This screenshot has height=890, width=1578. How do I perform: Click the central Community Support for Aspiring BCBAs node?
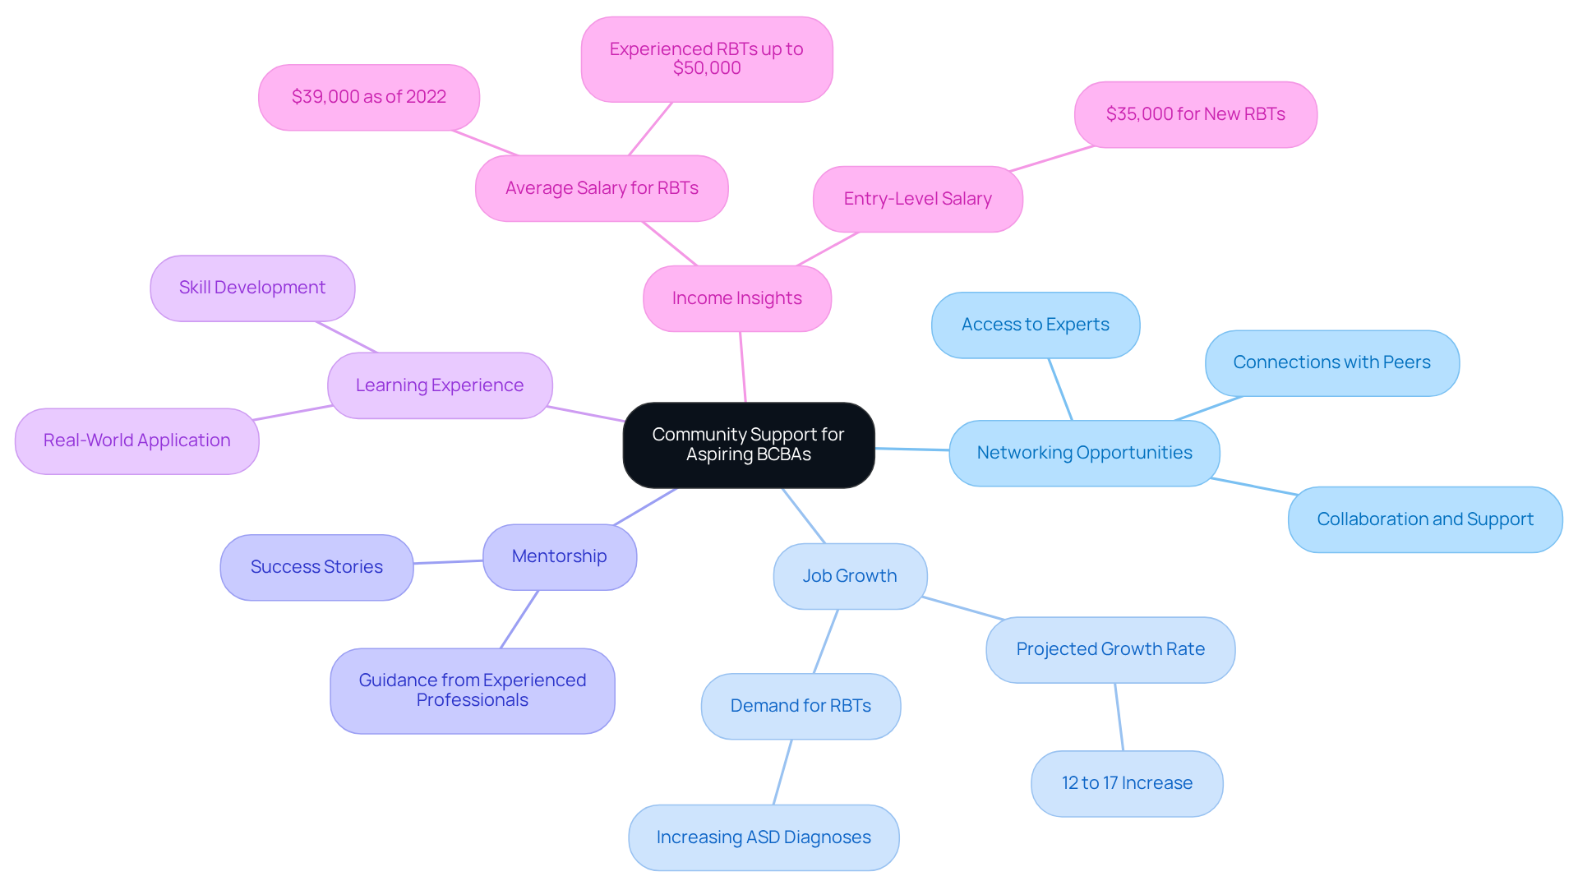point(748,445)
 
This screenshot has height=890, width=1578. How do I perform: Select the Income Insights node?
point(736,298)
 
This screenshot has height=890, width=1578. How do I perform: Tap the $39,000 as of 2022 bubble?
point(368,97)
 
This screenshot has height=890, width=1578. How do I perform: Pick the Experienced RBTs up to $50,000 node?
point(706,59)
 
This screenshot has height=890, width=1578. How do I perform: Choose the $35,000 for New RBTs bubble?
point(1195,114)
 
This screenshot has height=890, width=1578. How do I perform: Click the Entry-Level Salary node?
point(917,199)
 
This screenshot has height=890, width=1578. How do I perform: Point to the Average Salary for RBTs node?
point(601,188)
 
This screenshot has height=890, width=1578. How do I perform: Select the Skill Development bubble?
point(252,288)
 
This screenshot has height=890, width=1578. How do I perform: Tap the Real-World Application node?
point(136,440)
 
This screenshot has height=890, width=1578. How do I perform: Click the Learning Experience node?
point(439,385)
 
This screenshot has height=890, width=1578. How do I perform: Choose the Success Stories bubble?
point(316,567)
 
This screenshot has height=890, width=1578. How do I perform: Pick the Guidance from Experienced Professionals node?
point(472,690)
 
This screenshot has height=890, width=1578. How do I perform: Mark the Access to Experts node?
point(1035,325)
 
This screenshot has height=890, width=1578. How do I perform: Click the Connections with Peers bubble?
point(1331,362)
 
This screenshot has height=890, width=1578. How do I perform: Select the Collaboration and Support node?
point(1424,519)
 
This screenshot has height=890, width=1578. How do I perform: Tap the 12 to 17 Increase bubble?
point(1126,783)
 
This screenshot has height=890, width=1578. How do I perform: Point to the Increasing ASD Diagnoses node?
point(763,837)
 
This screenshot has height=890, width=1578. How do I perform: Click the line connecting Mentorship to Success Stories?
point(448,562)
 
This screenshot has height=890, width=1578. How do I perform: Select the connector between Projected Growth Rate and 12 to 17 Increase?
point(1119,717)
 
